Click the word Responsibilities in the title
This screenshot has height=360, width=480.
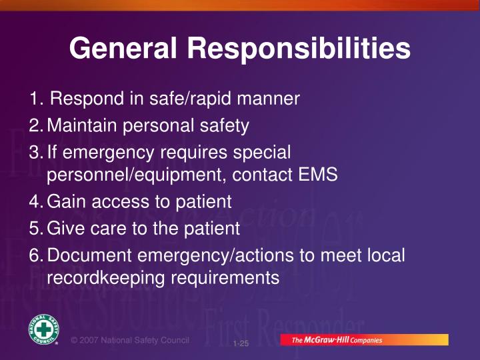click(298, 49)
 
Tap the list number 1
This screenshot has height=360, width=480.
click(35, 99)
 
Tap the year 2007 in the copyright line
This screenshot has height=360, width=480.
click(93, 340)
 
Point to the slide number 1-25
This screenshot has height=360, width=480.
click(241, 344)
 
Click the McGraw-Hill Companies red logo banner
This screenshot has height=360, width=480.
click(363, 340)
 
